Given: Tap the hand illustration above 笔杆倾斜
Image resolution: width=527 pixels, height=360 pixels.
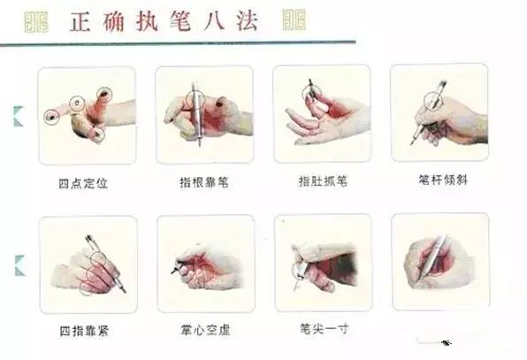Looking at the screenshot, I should pos(439,111).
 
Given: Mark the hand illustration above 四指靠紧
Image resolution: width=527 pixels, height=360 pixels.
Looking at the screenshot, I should pos(88,263).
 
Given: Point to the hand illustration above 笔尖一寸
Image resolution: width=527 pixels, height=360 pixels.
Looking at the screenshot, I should pos(322,262).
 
